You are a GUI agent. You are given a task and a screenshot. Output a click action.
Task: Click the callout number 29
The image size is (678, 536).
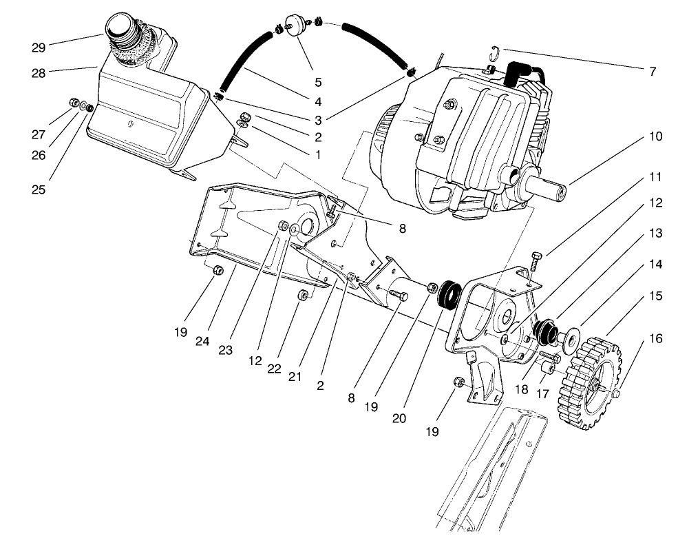tap(38, 48)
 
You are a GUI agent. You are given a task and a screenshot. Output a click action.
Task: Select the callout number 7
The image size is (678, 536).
tap(652, 70)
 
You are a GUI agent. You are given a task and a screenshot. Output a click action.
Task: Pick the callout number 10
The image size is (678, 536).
tap(655, 136)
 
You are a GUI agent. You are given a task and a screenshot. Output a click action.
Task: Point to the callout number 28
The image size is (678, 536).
tap(38, 72)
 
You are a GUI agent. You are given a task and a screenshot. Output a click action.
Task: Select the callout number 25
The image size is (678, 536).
tap(38, 189)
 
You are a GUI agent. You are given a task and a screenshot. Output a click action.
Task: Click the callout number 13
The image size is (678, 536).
tap(655, 234)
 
